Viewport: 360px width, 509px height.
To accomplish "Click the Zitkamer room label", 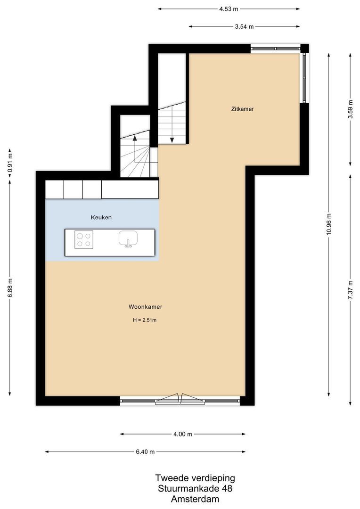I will (x=243, y=109).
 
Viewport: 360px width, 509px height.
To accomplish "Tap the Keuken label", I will (x=101, y=217).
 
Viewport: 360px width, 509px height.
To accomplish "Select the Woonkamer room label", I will (x=145, y=306).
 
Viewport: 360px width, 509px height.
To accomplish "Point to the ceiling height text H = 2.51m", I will (x=145, y=320).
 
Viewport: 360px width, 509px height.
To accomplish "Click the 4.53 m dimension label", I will (x=229, y=8).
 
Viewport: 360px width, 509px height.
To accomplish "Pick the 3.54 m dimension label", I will (x=244, y=27).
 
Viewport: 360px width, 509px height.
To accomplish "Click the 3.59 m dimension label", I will (x=350, y=109).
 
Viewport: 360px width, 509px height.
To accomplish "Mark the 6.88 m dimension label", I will (x=10, y=287).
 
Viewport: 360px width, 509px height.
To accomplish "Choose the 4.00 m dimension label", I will (x=182, y=434).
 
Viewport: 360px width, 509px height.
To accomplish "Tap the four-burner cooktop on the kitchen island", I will (x=84, y=240).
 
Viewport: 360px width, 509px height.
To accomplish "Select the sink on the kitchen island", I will (x=127, y=238).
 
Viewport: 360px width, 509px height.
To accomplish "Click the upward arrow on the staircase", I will (x=135, y=139).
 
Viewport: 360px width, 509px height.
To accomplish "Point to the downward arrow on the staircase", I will (x=172, y=140).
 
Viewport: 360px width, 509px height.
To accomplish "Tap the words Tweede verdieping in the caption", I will (x=195, y=478).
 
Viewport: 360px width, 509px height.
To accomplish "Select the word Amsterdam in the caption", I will (x=195, y=499).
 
